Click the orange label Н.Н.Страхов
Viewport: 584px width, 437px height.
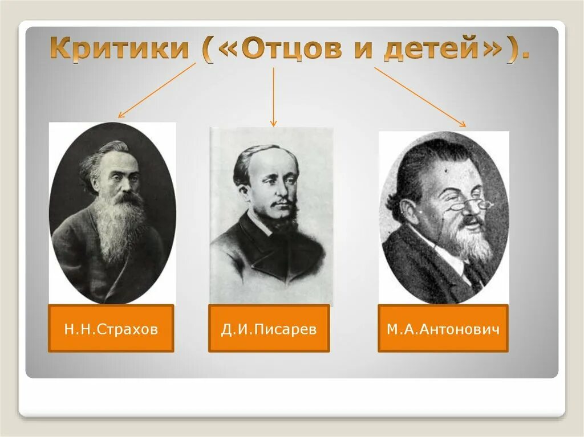(111, 329)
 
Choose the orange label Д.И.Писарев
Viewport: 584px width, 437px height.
(269, 329)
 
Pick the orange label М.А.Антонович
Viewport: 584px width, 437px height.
(443, 329)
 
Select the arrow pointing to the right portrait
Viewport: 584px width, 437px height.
(419, 96)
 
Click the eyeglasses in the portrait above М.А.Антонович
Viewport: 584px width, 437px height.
(468, 205)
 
